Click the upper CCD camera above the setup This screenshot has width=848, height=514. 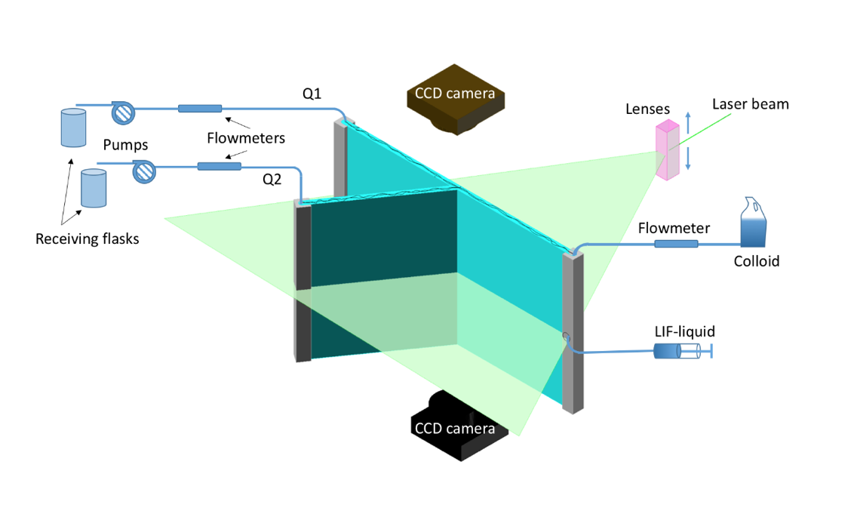[x=455, y=98]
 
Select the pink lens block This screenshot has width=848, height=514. [x=667, y=150]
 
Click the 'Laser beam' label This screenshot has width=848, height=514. [x=751, y=104]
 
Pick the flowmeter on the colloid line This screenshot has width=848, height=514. [x=676, y=244]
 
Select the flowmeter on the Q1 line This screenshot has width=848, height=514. [x=200, y=109]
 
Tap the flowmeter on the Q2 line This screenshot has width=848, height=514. [x=219, y=166]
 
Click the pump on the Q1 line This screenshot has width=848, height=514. [x=121, y=112]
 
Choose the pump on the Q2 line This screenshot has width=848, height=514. [x=143, y=171]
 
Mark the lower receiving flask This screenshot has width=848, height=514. [x=94, y=188]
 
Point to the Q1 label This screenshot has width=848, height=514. [x=312, y=94]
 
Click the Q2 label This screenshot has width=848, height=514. [x=272, y=180]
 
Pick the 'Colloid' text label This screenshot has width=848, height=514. [x=756, y=262]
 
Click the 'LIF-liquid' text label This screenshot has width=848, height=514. [x=684, y=331]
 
